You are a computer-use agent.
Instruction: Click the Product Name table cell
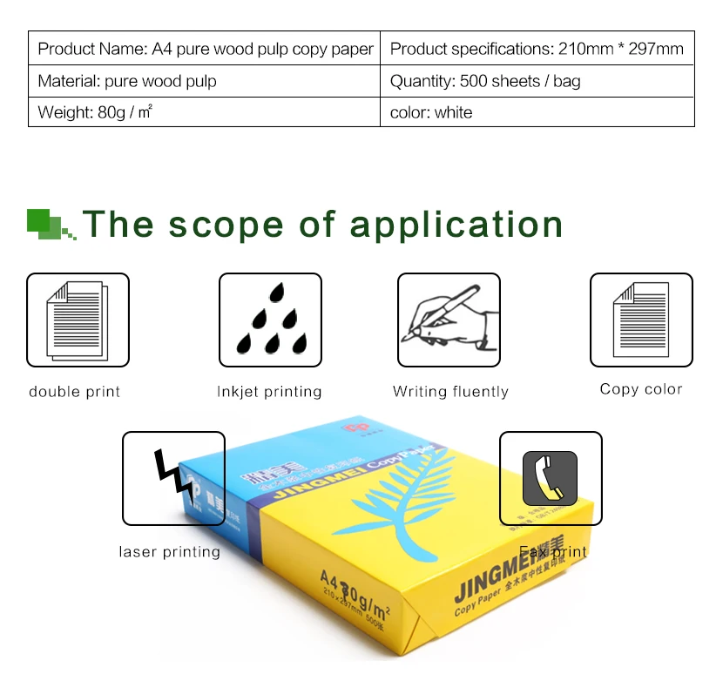coord(205,49)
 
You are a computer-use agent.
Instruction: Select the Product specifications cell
coord(537,49)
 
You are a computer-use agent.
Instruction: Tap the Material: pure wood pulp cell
coord(205,81)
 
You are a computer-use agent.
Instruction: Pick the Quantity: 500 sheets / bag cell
coord(537,81)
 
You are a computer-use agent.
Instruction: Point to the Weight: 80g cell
coord(205,112)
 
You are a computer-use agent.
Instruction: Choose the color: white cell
coord(537,112)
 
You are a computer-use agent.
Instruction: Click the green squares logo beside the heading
coord(51,224)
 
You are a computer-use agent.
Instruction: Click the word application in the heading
coord(456,225)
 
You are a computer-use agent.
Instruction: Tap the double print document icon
coord(78,320)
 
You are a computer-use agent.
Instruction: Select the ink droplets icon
coord(270,320)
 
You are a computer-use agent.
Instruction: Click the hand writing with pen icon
coord(449,320)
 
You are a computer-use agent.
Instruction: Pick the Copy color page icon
coord(641,320)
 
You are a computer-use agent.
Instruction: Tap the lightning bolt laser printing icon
coord(173,478)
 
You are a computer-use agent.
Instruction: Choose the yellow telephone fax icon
coord(550,478)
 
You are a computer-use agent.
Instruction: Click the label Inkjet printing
coord(269,392)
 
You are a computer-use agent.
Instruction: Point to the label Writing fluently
coord(450,392)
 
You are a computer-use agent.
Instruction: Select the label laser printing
coord(169,552)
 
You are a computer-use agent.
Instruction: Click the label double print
coord(75,392)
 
